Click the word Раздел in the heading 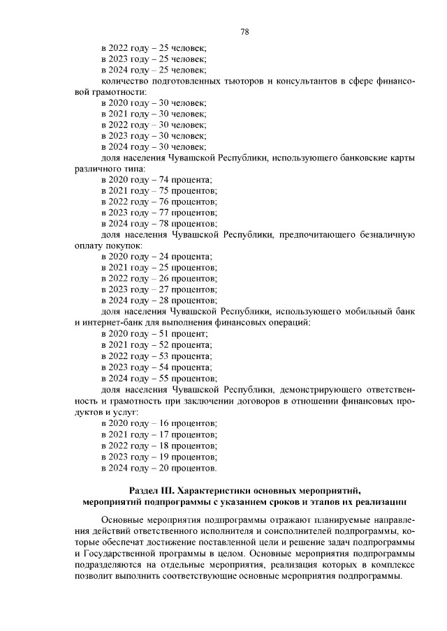point(146,489)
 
